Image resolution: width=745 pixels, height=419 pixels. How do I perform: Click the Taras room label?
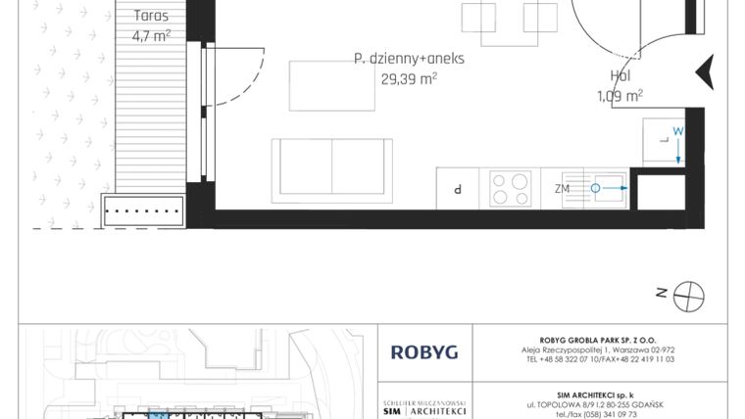(x=151, y=17)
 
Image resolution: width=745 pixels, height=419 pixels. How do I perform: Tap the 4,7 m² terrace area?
(x=151, y=36)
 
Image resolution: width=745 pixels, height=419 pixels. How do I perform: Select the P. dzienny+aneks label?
(x=409, y=59)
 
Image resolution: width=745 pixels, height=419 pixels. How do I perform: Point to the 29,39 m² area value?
(x=409, y=79)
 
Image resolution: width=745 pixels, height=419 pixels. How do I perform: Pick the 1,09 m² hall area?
(x=621, y=95)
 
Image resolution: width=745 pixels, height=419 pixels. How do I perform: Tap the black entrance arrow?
(x=703, y=72)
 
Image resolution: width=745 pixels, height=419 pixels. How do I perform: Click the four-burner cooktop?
(x=510, y=188)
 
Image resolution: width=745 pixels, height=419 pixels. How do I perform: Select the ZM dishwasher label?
(x=562, y=188)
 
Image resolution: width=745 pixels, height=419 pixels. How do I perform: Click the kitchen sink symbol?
(x=608, y=188)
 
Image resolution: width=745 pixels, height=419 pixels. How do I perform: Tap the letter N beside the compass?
(x=662, y=291)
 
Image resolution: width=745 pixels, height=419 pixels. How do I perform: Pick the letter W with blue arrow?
(x=676, y=131)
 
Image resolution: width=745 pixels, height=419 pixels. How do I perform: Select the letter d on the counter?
(x=458, y=188)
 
